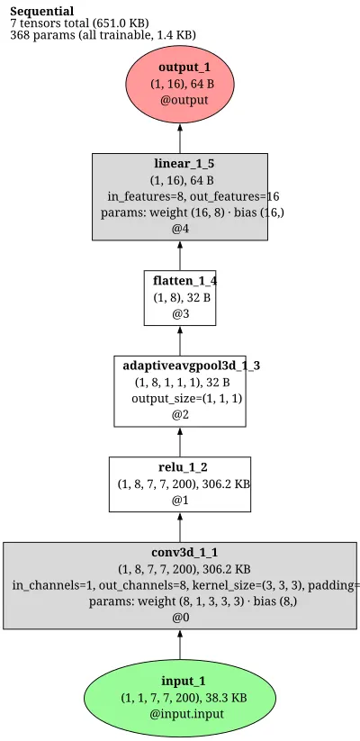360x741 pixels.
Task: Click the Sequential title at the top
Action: click(x=42, y=12)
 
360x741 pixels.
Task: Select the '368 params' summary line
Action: click(x=103, y=34)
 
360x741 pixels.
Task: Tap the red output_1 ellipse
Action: click(x=180, y=83)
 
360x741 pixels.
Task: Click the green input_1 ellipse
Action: click(x=180, y=698)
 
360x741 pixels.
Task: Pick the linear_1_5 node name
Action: click(x=180, y=164)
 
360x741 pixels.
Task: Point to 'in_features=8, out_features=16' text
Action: click(x=193, y=196)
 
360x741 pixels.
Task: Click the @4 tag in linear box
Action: click(x=180, y=229)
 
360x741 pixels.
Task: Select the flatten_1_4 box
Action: click(x=180, y=298)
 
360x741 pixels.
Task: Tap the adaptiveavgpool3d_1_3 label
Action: click(x=192, y=366)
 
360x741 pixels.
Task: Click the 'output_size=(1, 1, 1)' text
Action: click(x=186, y=398)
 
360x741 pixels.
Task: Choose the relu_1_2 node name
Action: click(x=184, y=468)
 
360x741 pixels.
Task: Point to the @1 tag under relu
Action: click(x=180, y=501)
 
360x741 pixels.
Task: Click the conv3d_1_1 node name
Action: click(x=184, y=553)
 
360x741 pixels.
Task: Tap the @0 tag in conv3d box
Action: click(x=180, y=618)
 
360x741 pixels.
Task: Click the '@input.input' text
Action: click(x=186, y=714)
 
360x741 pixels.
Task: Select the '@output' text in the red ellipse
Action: click(x=184, y=100)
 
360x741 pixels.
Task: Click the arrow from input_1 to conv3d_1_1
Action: click(x=180, y=644)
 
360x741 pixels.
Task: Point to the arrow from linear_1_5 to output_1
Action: click(x=180, y=139)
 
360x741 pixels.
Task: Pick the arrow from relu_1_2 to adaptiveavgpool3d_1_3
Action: click(x=180, y=441)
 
